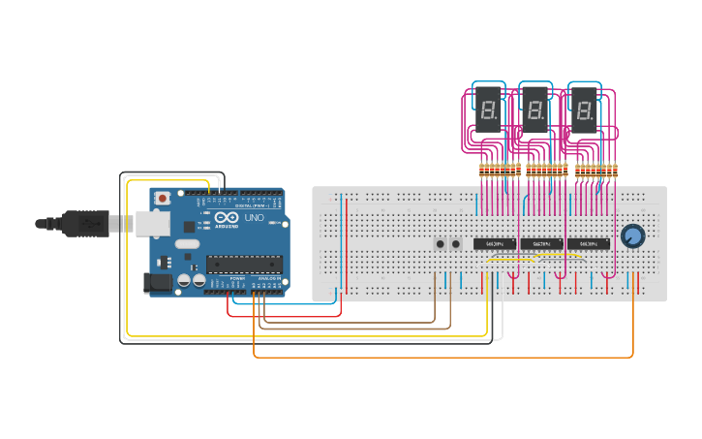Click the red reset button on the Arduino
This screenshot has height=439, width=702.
click(x=162, y=198)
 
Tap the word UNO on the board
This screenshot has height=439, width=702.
click(x=254, y=218)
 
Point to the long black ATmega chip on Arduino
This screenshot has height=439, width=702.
click(x=243, y=264)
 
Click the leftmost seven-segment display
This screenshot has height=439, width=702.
click(x=488, y=110)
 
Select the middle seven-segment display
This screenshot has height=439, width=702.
click(x=535, y=110)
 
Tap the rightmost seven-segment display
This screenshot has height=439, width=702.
click(x=584, y=110)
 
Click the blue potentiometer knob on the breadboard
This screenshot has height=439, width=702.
click(x=632, y=235)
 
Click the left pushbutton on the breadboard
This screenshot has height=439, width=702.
click(x=441, y=243)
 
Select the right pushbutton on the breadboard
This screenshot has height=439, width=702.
click(x=456, y=243)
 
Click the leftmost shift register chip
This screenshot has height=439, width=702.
click(x=494, y=243)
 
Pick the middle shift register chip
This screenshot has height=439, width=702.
click(x=541, y=243)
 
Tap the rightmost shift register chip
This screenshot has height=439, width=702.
click(x=589, y=243)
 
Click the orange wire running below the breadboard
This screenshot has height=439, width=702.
click(x=436, y=357)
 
